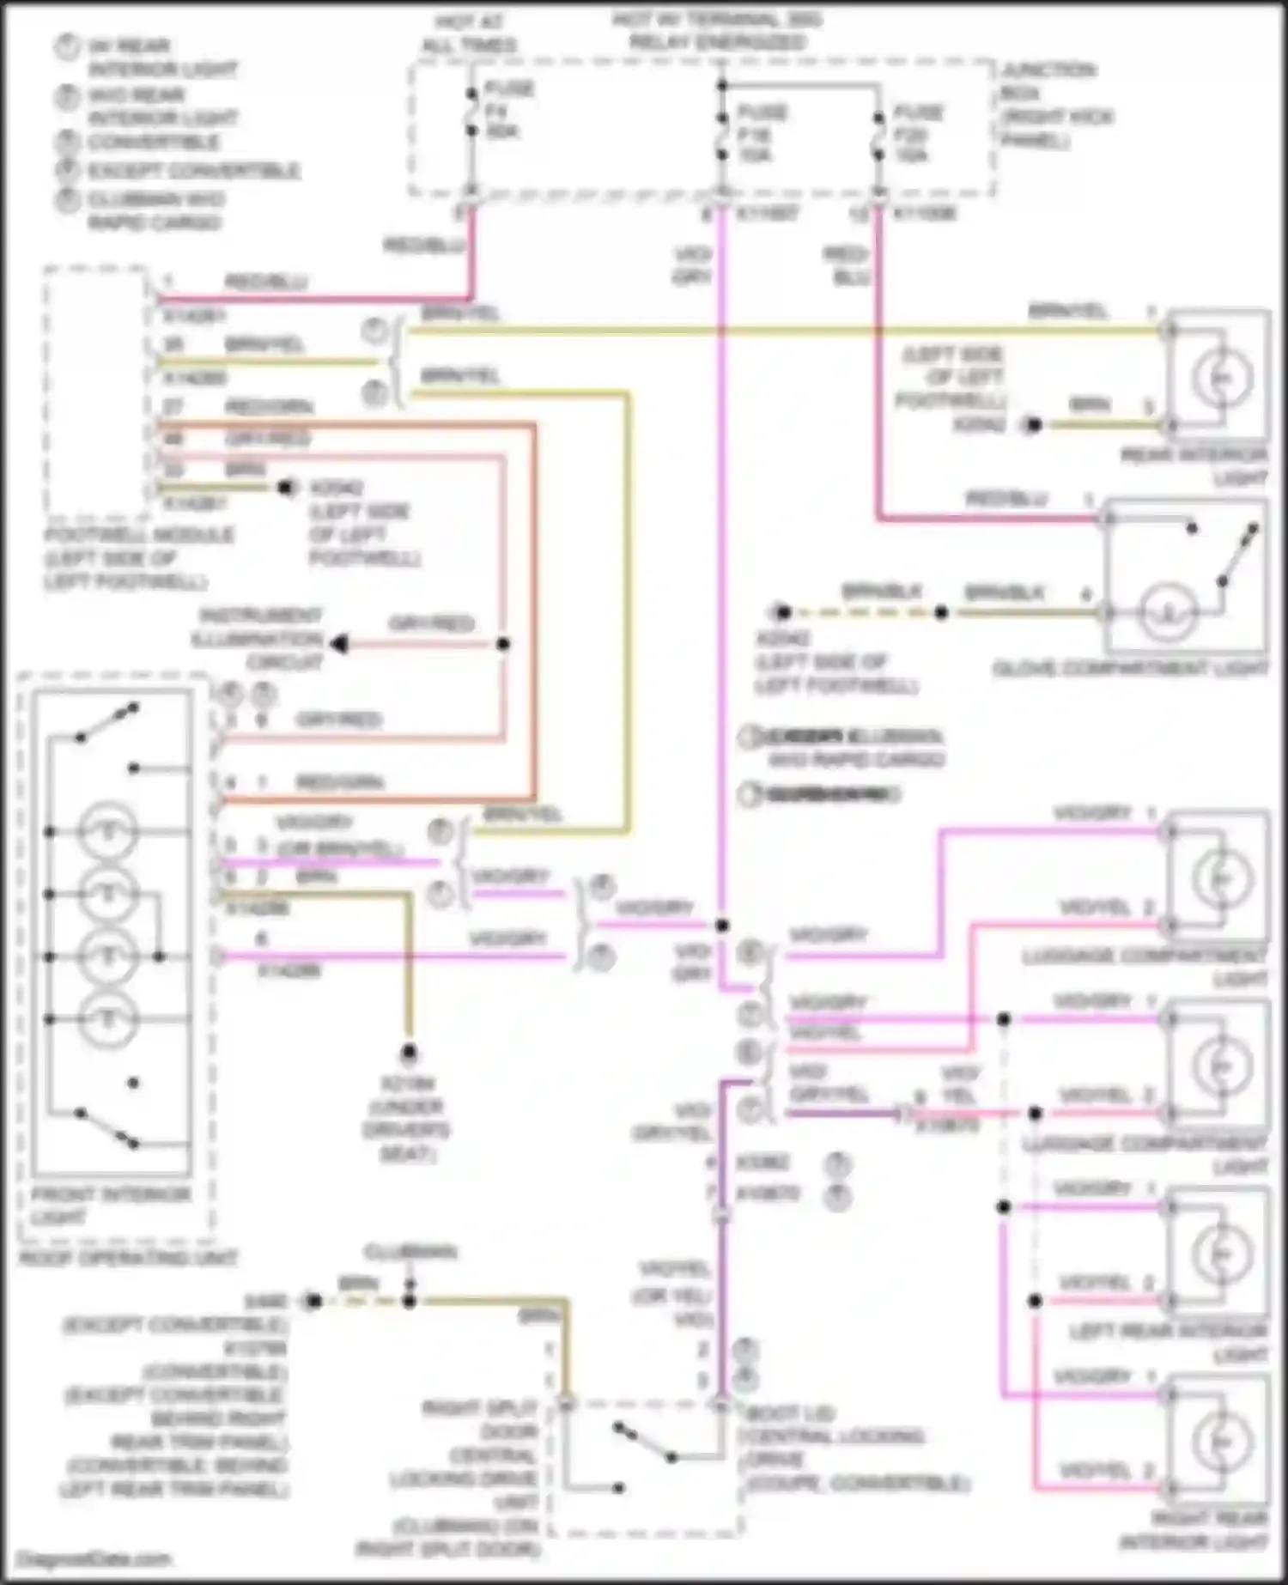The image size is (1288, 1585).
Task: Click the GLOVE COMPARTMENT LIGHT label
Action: click(1129, 669)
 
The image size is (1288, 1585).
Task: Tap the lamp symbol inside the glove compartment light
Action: click(1167, 612)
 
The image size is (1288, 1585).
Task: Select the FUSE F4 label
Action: click(509, 110)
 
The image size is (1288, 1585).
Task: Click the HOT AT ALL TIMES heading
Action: click(469, 33)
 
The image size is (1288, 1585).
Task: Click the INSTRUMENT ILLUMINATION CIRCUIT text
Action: click(259, 639)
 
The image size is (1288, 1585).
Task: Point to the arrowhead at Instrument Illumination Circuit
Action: click(340, 644)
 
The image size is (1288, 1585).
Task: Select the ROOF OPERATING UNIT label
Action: click(128, 1258)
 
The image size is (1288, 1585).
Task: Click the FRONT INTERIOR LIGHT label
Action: click(110, 1205)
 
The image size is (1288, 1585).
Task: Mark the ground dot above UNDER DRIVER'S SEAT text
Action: click(410, 1053)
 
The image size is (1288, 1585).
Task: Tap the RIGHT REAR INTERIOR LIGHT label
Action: click(1194, 1530)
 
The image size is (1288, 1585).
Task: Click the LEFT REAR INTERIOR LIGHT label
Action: click(1168, 1342)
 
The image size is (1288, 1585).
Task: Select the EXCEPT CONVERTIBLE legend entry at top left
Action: click(192, 170)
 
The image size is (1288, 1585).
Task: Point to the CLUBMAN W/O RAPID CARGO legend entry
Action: click(155, 210)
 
